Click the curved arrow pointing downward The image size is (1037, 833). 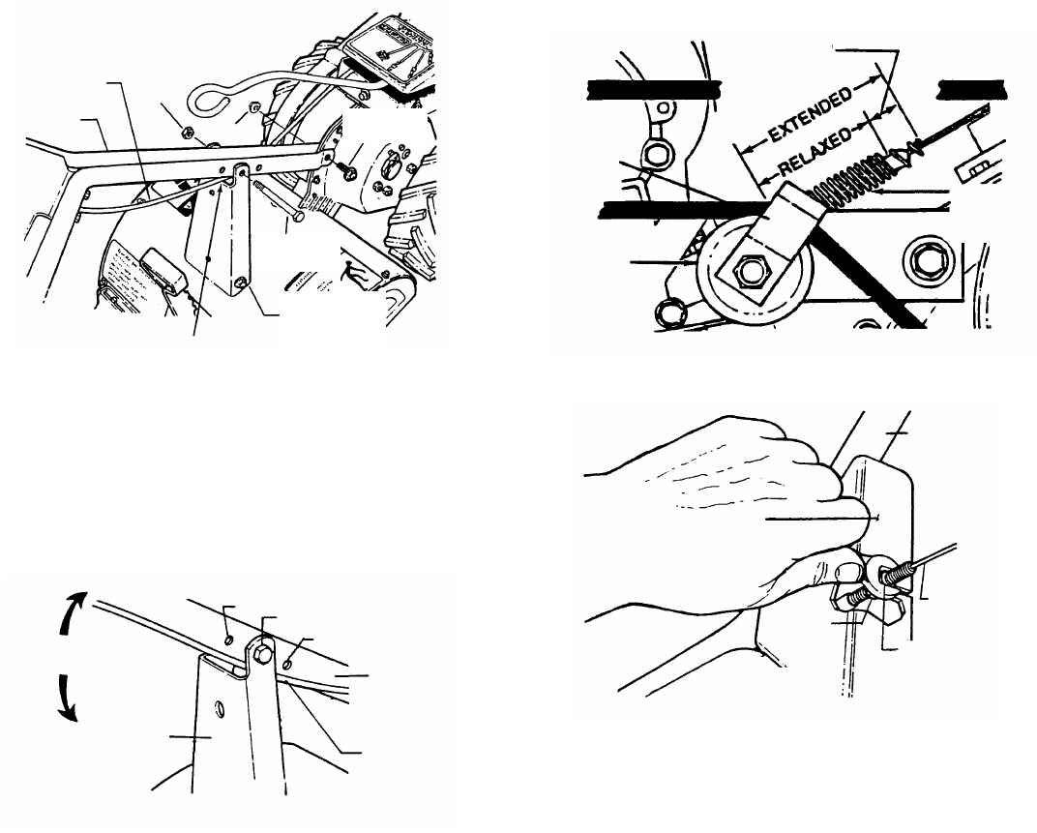[65, 698]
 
